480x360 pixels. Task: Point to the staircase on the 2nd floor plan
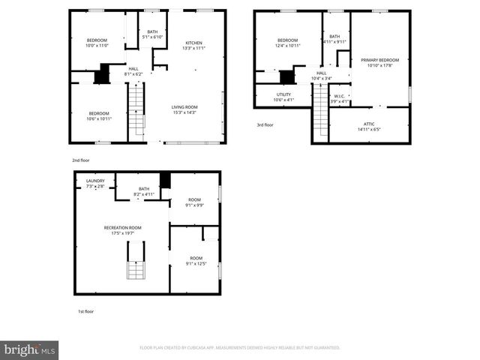136,110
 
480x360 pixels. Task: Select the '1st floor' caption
86,311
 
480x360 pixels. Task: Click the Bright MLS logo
30,349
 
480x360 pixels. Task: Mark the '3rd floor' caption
266,125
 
